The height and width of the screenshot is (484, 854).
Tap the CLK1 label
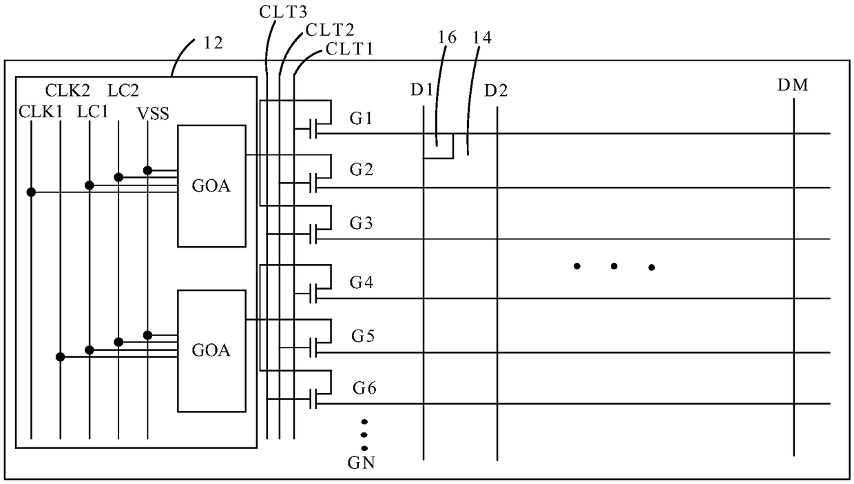(x=41, y=112)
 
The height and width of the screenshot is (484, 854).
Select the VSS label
(x=153, y=114)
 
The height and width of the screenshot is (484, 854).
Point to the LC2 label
(x=123, y=91)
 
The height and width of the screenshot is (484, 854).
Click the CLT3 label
(x=283, y=12)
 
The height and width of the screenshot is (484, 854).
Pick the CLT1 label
(x=349, y=49)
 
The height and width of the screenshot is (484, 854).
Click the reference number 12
(x=213, y=43)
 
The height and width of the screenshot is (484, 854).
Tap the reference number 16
(x=447, y=37)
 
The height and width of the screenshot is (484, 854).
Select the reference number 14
(x=482, y=37)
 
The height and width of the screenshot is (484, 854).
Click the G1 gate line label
(x=361, y=119)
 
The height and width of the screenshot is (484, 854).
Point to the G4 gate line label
(x=362, y=283)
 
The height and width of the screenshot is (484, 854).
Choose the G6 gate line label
(x=364, y=387)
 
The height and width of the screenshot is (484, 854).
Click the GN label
(x=362, y=463)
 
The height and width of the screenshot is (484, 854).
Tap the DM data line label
(x=793, y=85)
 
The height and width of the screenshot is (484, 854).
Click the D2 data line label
(x=496, y=91)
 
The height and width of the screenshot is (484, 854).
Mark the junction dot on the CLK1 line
(x=31, y=192)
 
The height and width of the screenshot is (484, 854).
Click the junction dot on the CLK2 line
(x=60, y=357)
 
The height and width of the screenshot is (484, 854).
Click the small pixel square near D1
(x=438, y=145)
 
